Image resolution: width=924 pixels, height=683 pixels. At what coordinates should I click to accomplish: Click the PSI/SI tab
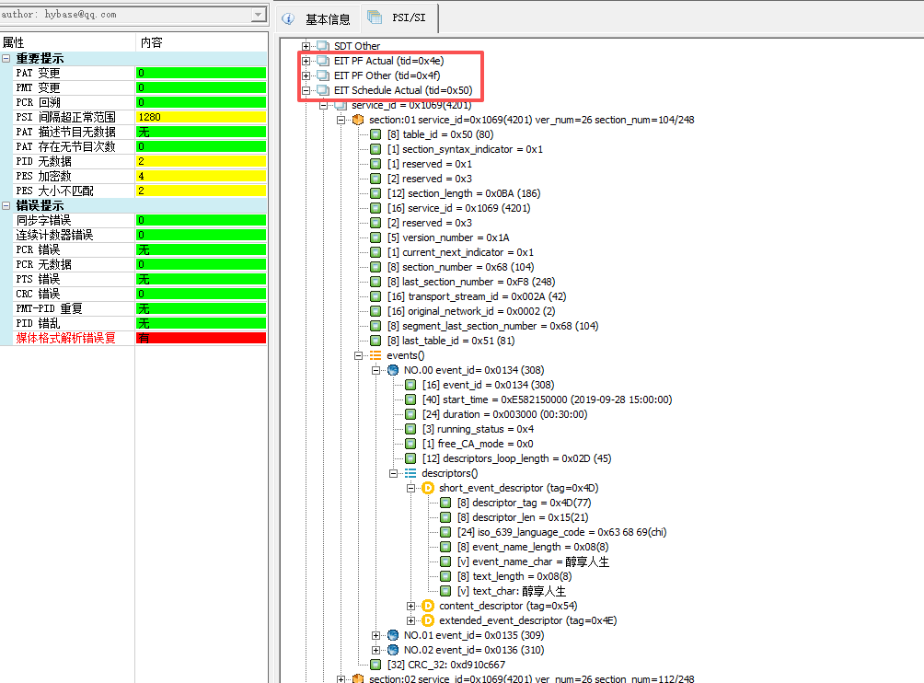click(x=402, y=18)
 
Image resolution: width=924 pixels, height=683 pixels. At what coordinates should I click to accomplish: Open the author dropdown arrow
click(x=259, y=15)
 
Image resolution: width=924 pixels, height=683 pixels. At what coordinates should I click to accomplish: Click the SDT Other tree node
click(x=356, y=46)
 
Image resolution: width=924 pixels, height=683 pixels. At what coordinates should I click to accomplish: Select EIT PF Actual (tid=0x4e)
click(x=387, y=61)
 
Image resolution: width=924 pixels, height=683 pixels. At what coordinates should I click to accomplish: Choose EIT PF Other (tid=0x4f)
click(x=387, y=75)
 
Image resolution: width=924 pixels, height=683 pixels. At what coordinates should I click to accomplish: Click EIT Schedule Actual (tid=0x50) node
click(x=402, y=90)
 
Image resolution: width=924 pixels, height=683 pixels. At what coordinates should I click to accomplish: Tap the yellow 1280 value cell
click(x=201, y=117)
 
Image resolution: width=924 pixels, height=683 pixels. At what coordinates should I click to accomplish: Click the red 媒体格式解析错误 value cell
click(x=201, y=338)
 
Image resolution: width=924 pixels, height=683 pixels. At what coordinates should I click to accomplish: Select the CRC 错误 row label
click(x=38, y=294)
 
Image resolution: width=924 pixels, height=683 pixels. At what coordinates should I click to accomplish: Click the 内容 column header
click(x=151, y=42)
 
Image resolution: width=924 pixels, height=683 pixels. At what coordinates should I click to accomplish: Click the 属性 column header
click(x=14, y=42)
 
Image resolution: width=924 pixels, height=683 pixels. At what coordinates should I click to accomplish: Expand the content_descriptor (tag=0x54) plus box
click(x=411, y=606)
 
